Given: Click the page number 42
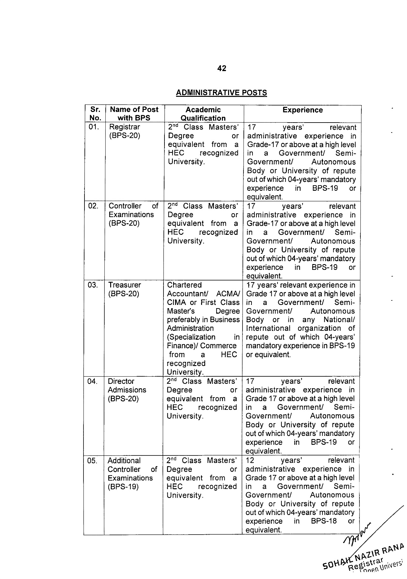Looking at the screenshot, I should click(x=222, y=68).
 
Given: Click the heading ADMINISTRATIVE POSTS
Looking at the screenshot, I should click(x=221, y=93).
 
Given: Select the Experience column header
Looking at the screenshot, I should click(x=302, y=110).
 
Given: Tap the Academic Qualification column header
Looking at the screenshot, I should click(x=203, y=114).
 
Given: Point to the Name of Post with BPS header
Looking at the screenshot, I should click(x=134, y=114).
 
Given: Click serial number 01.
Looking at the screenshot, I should click(x=93, y=127).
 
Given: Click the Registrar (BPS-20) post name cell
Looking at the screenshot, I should click(x=125, y=131).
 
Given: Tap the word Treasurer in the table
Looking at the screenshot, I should click(x=124, y=285).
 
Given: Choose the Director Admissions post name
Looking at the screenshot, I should click(x=127, y=390).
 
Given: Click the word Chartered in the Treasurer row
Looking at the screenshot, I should click(x=184, y=285).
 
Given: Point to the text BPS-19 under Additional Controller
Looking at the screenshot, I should click(x=123, y=487).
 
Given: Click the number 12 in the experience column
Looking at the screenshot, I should click(x=250, y=460).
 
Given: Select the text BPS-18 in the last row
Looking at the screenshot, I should click(x=324, y=521).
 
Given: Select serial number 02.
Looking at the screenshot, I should click(x=93, y=206).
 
